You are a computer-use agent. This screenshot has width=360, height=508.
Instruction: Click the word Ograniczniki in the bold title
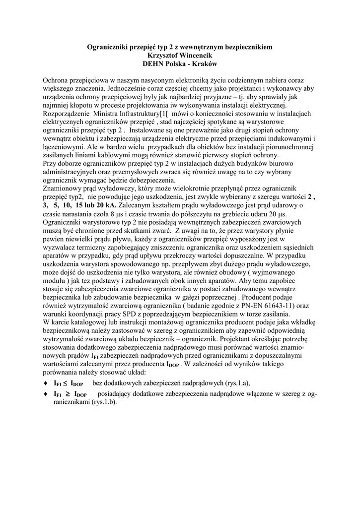(x=109, y=47)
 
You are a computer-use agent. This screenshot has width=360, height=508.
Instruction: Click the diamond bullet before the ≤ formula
(x=46, y=383)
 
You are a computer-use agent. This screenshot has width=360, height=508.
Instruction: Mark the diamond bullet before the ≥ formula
(x=46, y=394)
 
